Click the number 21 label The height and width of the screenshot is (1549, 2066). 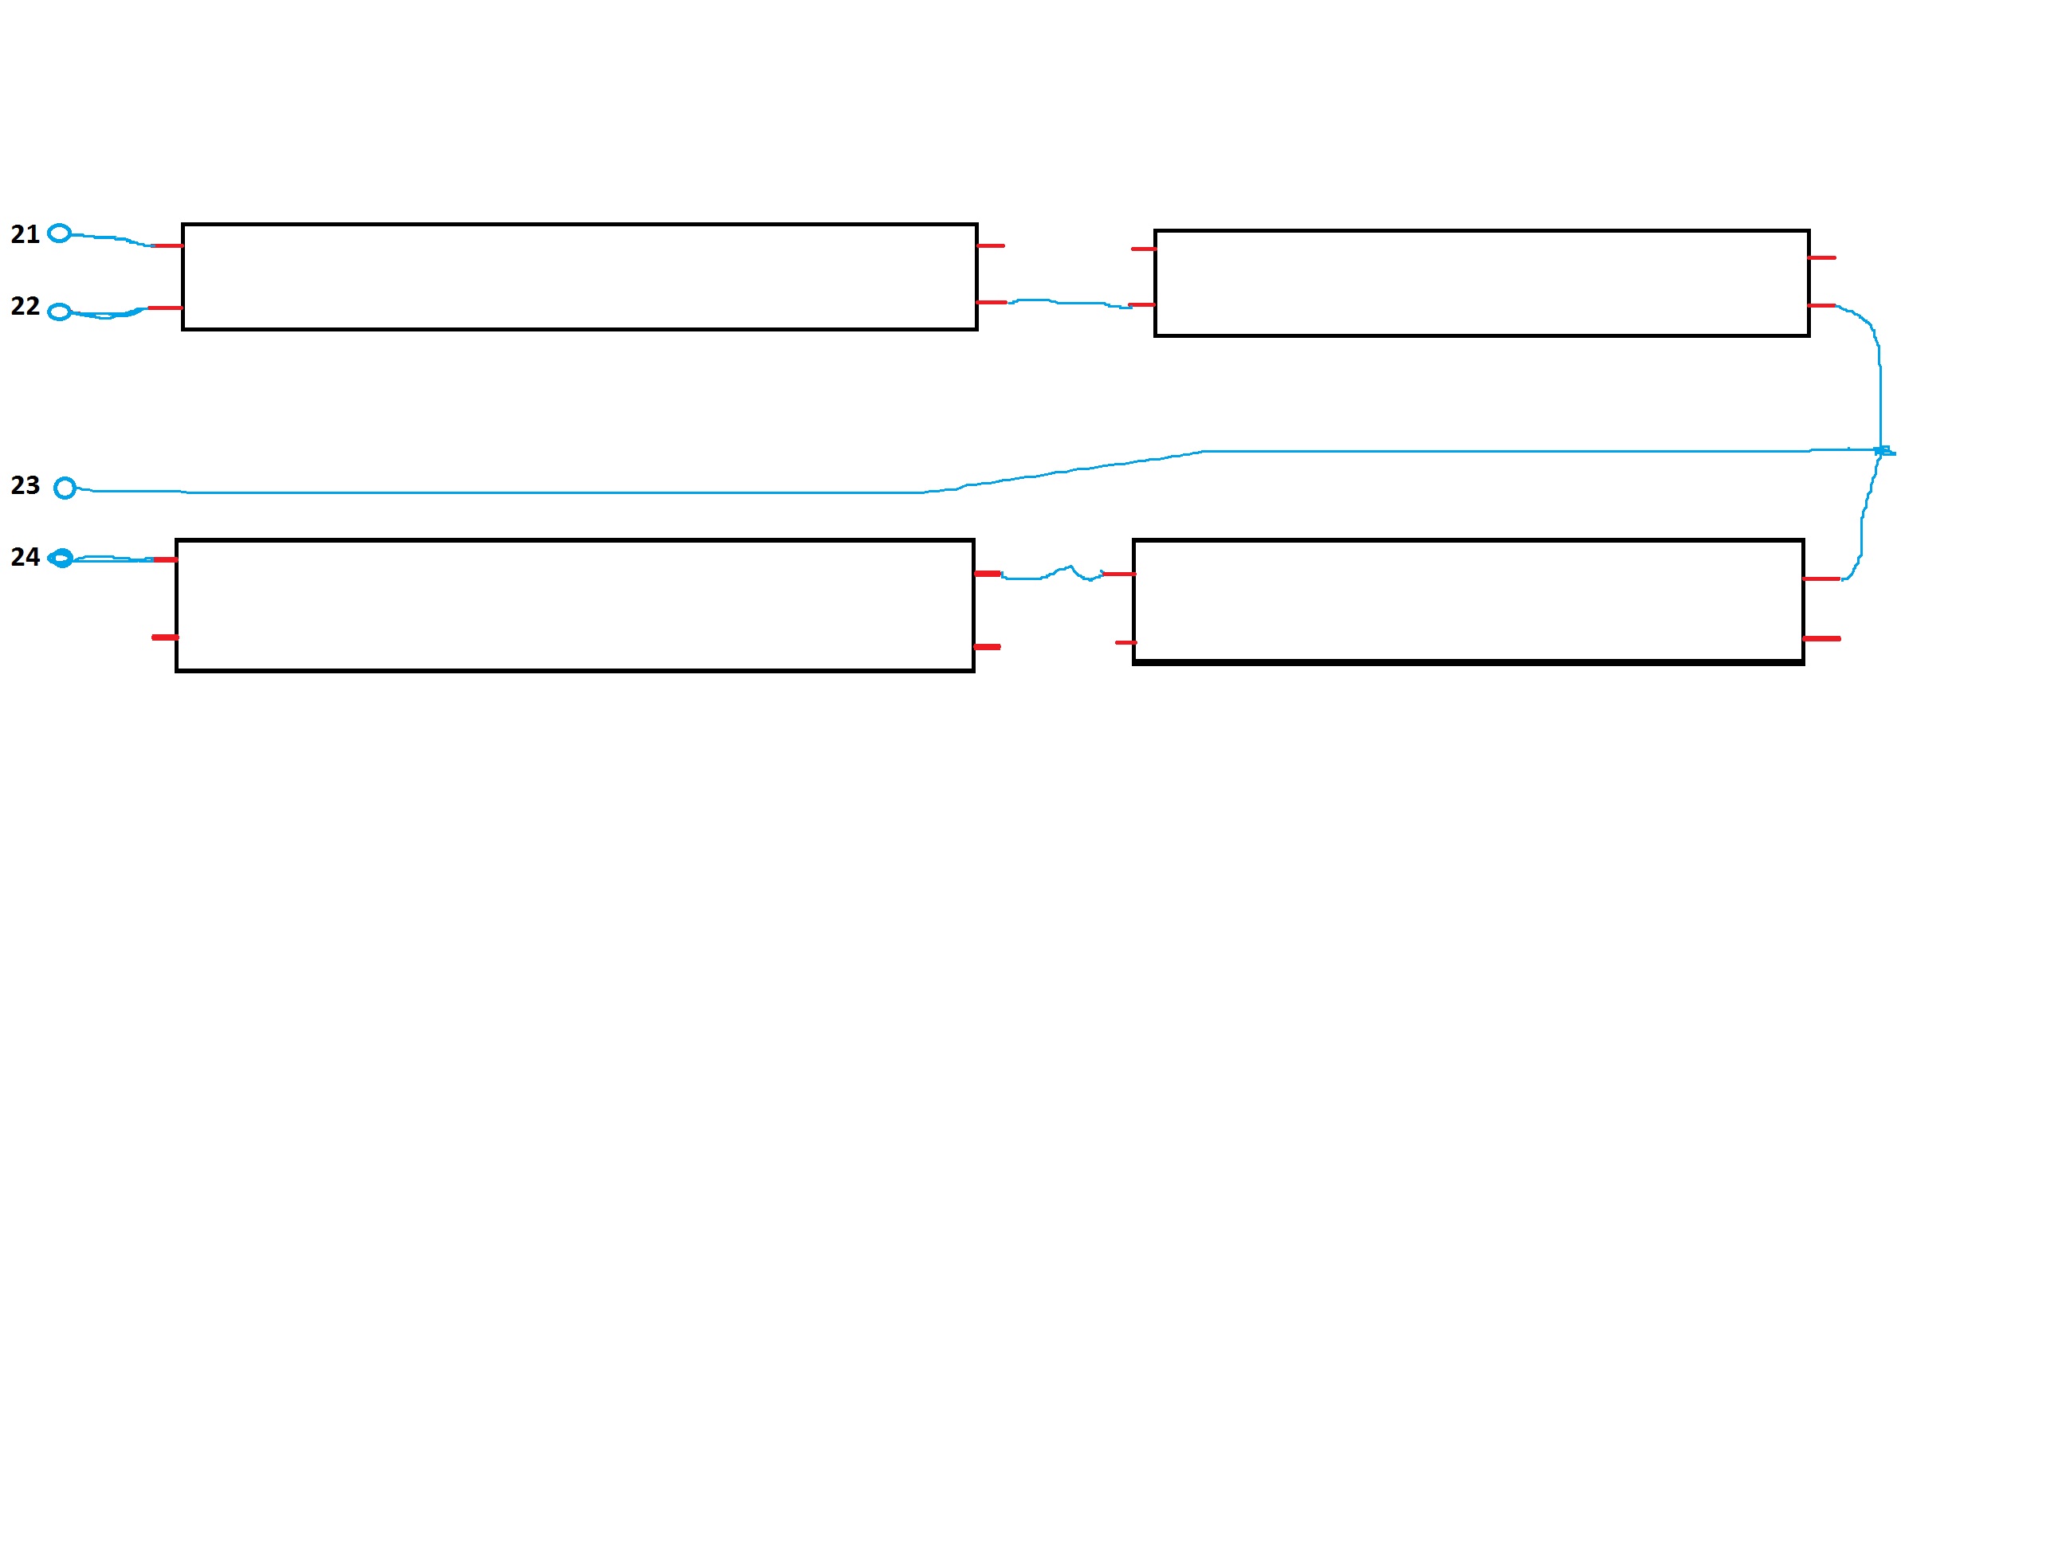(x=26, y=234)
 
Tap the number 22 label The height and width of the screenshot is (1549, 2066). (x=26, y=306)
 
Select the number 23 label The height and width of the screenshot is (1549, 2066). (x=26, y=485)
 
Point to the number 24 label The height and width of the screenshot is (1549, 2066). (x=26, y=558)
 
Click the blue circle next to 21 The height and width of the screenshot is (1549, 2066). (x=59, y=233)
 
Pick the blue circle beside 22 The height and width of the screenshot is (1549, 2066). (x=59, y=312)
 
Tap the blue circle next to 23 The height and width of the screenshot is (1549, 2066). (x=65, y=488)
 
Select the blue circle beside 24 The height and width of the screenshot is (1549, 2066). (x=61, y=559)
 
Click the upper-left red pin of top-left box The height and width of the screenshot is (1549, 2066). (x=167, y=245)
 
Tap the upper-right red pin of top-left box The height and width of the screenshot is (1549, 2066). (x=991, y=245)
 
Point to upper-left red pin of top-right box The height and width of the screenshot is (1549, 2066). (x=1143, y=249)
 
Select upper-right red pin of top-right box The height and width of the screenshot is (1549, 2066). (x=1822, y=257)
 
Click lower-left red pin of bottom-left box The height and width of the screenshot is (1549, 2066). (x=164, y=637)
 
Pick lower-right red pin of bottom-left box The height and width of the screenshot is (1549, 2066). (x=988, y=647)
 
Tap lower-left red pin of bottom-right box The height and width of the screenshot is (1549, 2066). (x=1125, y=643)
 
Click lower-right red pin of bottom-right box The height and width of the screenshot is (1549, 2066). (x=1822, y=639)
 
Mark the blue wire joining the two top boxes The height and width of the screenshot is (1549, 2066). (x=1065, y=303)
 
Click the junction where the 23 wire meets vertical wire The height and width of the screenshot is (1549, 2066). (x=1881, y=451)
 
